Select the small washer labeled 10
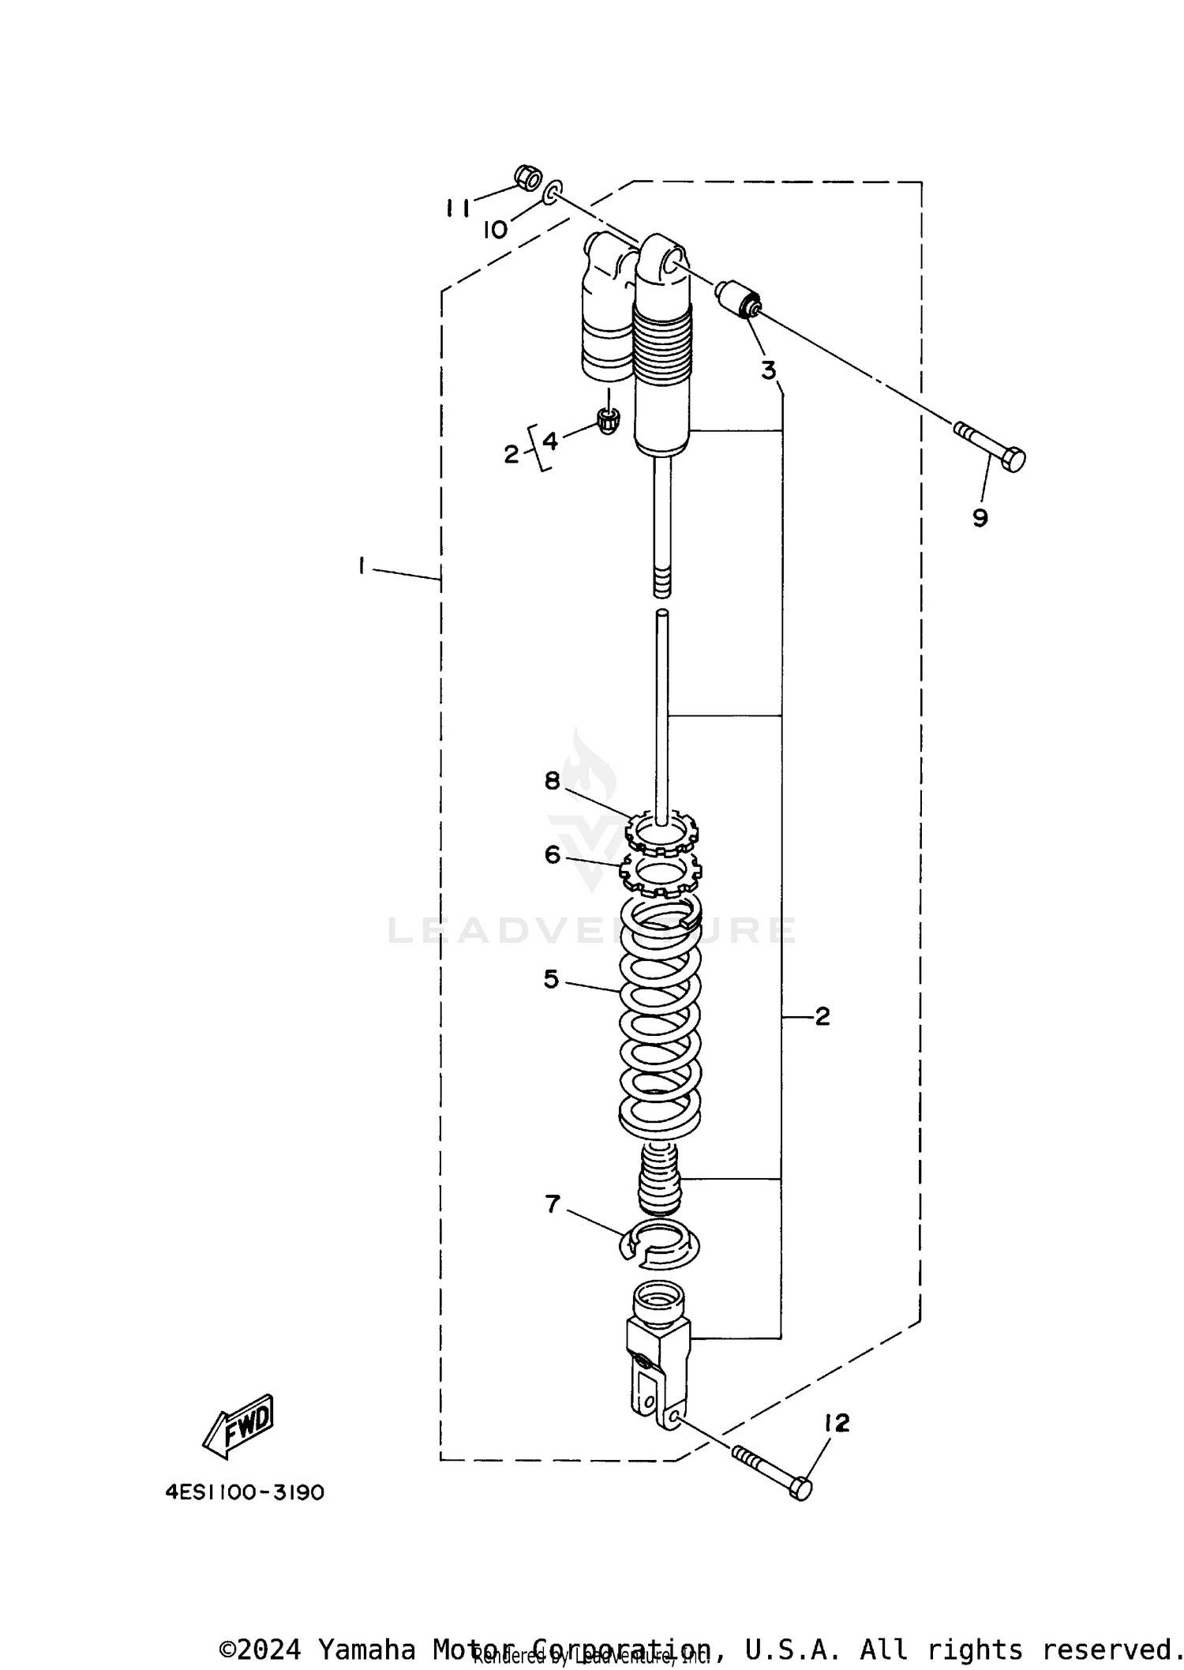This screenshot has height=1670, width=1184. coord(553,190)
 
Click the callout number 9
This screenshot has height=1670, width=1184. coord(980,518)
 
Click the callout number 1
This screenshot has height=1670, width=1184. coord(361,565)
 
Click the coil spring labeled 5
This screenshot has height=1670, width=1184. coord(660,1019)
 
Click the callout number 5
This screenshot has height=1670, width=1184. coord(551,979)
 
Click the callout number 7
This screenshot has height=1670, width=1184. coord(552,1204)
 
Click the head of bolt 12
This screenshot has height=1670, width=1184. coord(800,1489)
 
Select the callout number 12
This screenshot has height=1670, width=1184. coord(836,1423)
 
